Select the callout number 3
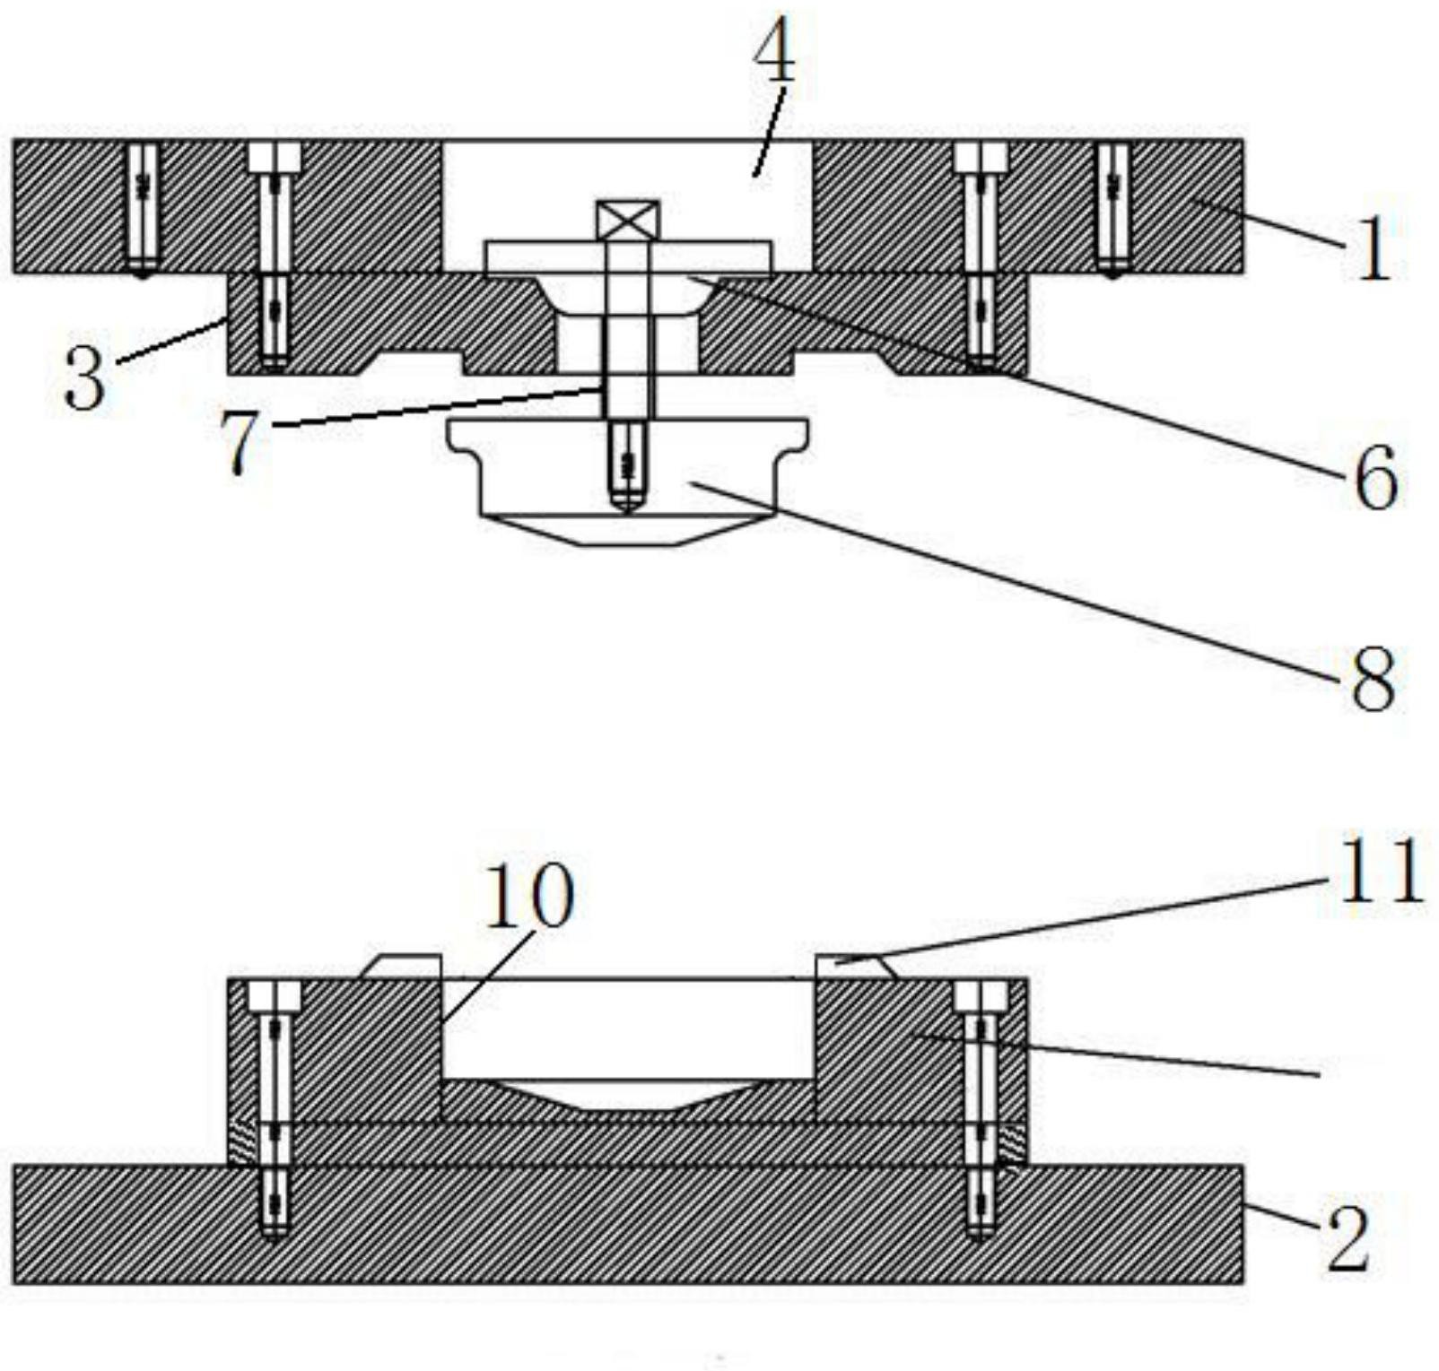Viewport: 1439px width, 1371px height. pos(85,377)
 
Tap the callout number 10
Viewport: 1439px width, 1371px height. pos(528,896)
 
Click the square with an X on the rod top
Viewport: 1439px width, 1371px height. pos(628,220)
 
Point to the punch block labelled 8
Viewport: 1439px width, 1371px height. pos(628,481)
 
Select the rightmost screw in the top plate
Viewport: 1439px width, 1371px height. pos(1113,209)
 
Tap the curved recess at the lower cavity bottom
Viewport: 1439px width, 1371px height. pos(628,1095)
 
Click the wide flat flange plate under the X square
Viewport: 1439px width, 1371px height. pos(628,256)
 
